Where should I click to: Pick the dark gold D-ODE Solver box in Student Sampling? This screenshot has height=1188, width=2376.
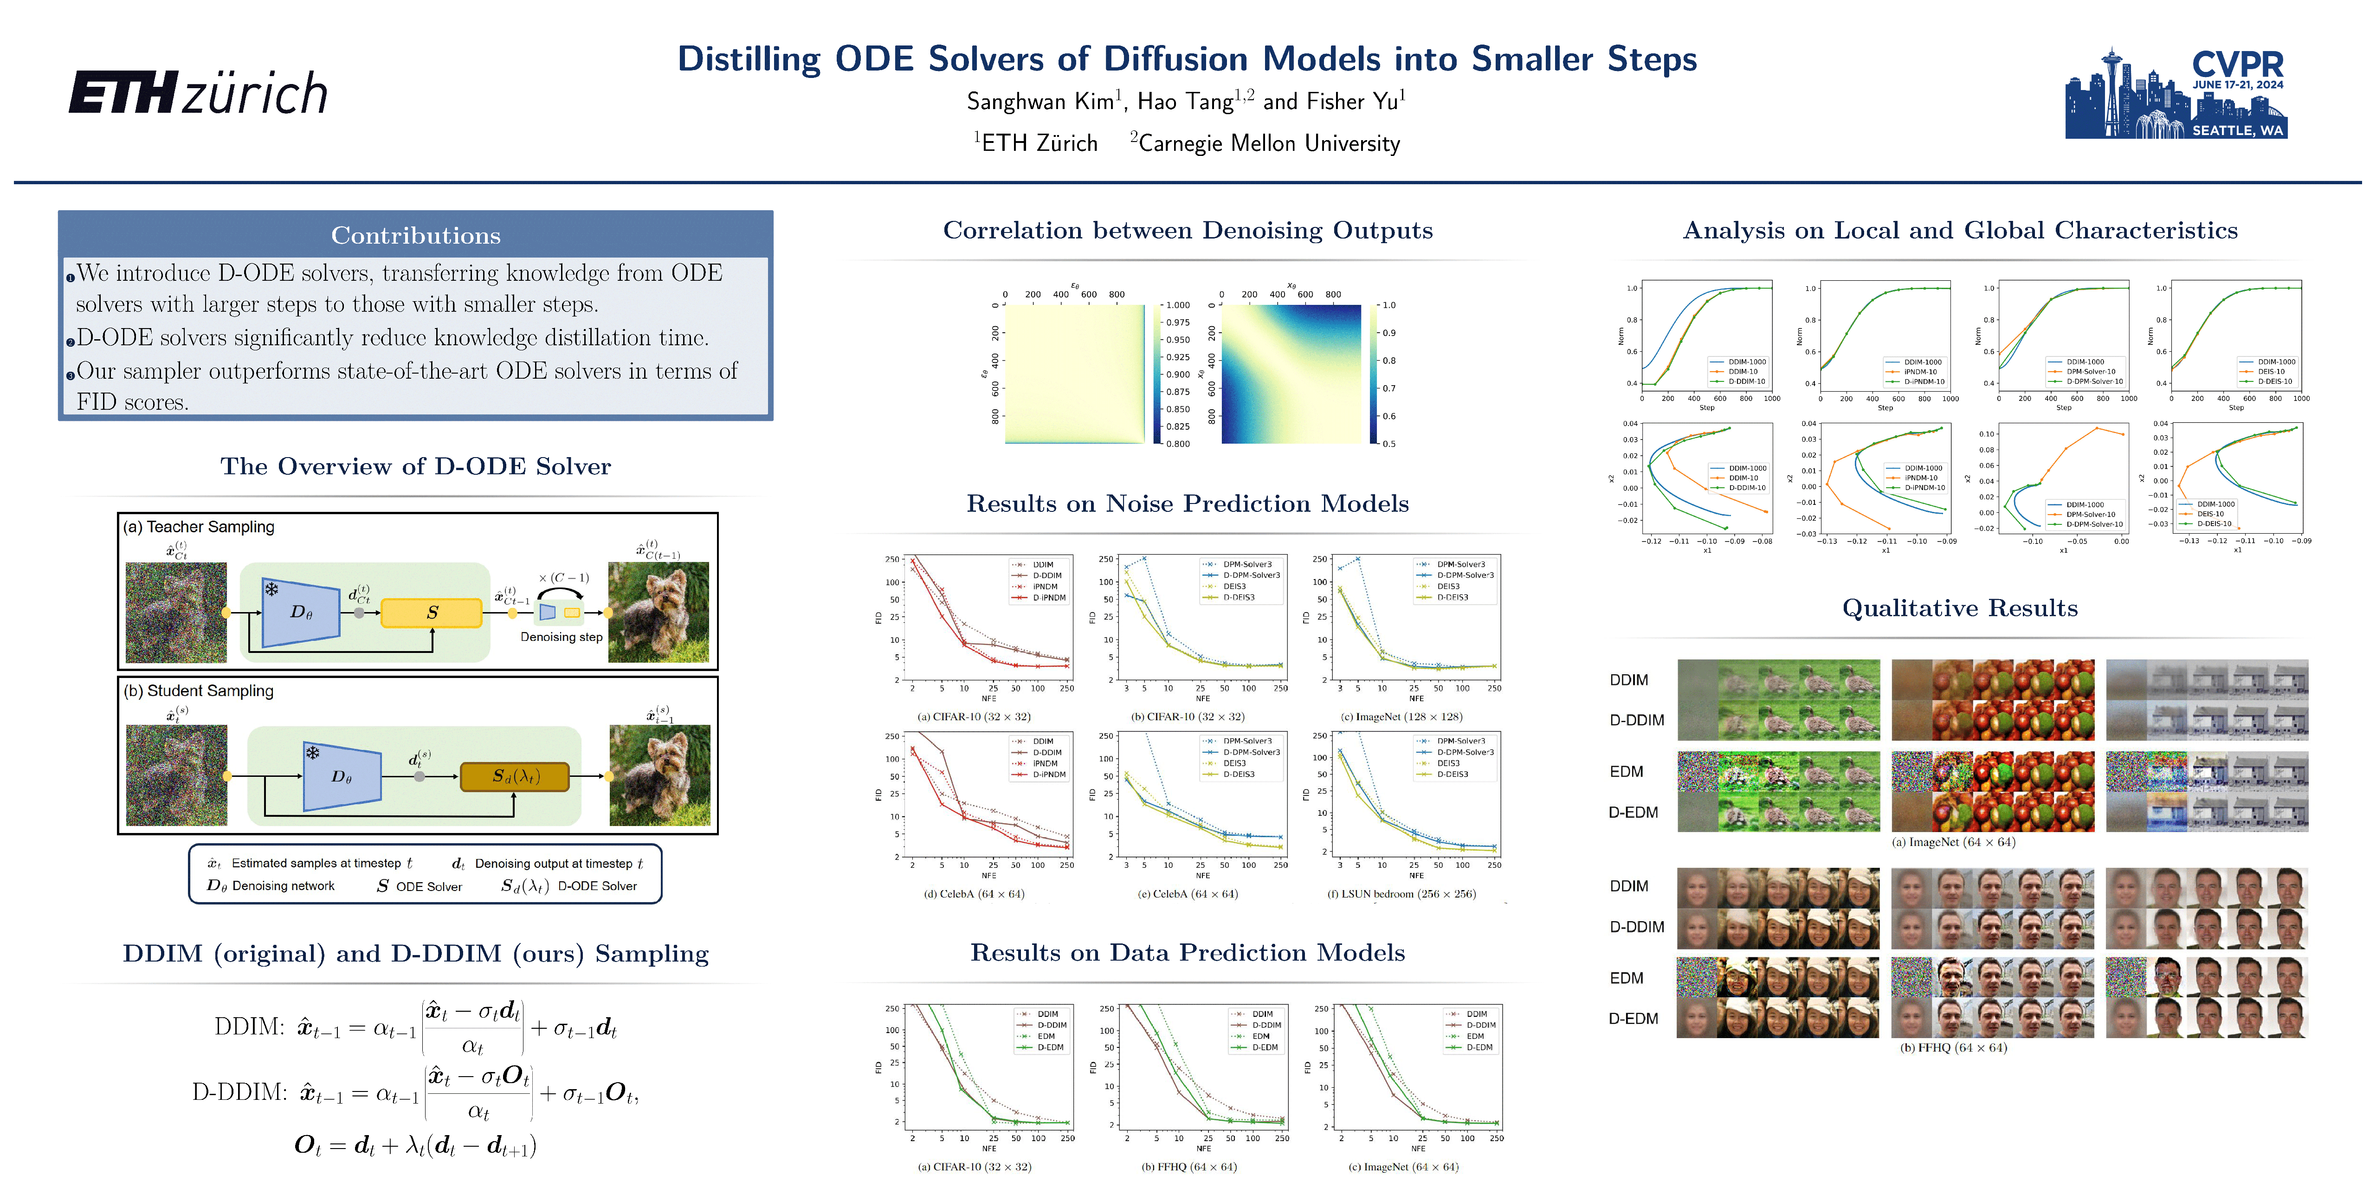(514, 777)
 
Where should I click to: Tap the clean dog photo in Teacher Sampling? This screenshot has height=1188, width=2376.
(659, 613)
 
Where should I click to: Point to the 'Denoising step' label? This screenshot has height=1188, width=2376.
(561, 637)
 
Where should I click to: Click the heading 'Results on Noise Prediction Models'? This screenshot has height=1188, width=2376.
(1187, 504)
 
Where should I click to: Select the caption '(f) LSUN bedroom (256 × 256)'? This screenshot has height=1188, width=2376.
(1401, 894)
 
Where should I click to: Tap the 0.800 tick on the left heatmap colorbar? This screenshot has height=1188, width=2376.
(1177, 444)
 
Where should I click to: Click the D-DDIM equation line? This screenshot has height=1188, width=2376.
(415, 1093)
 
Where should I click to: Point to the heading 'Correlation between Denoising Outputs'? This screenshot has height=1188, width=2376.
(1187, 231)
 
